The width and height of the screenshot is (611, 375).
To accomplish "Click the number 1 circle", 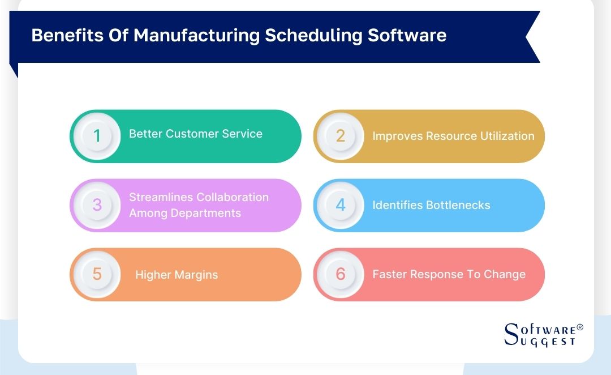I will tap(97, 136).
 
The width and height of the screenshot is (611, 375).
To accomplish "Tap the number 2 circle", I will tap(341, 136).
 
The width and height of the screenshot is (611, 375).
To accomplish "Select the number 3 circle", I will tap(97, 205).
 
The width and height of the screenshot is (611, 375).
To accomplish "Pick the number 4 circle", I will tap(341, 205).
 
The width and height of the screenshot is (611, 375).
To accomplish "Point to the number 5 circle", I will tap(97, 274).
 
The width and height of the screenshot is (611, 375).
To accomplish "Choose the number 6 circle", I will tap(341, 274).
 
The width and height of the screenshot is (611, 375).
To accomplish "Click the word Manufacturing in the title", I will tap(197, 35).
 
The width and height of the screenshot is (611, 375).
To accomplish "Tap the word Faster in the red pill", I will tap(390, 274).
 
